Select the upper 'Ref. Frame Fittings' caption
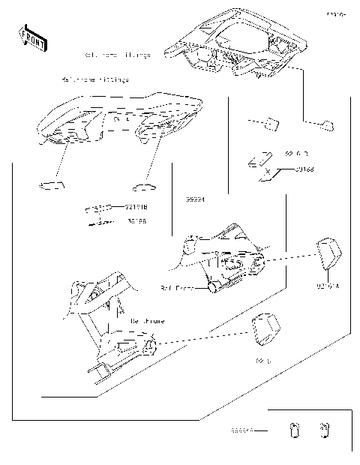point(118,55)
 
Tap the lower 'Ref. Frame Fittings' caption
point(94,79)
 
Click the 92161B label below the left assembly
point(136,206)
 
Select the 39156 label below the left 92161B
point(136,221)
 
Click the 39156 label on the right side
point(304,170)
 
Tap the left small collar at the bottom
point(294,430)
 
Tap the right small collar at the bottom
point(323,430)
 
